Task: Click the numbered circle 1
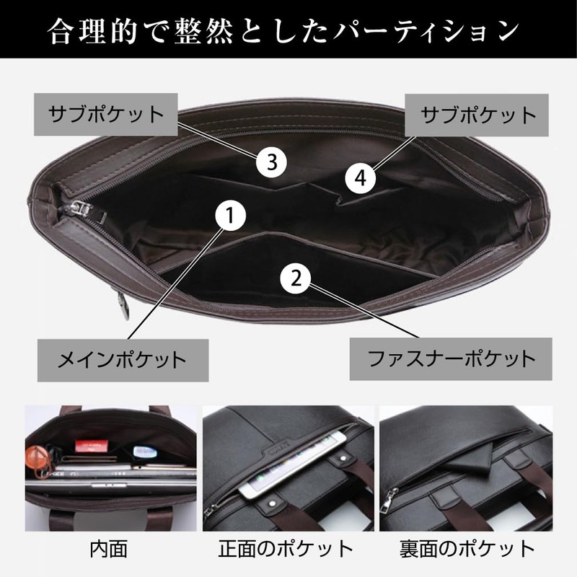point(229,216)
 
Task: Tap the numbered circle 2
point(296,277)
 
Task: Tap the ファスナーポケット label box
point(452,358)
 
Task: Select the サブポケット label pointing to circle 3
point(105,115)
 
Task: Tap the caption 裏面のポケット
point(467,550)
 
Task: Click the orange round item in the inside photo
point(35,456)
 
